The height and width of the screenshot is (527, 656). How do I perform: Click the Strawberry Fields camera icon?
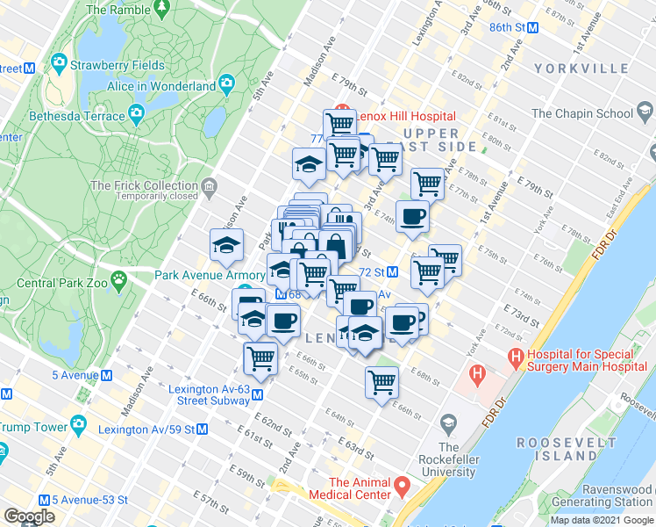pyautogui.click(x=59, y=62)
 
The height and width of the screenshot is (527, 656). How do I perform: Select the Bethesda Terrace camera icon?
pyautogui.click(x=136, y=112)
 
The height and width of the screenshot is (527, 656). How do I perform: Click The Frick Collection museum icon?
pyautogui.click(x=209, y=185)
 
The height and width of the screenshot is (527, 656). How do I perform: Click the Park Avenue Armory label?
pyautogui.click(x=199, y=274)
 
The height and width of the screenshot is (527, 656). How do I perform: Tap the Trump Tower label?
pyautogui.click(x=34, y=427)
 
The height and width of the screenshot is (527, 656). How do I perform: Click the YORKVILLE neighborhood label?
pyautogui.click(x=592, y=67)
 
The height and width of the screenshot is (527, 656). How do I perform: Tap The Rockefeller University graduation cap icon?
pyautogui.click(x=448, y=425)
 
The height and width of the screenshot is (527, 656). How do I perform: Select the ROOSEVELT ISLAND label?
pyautogui.click(x=558, y=449)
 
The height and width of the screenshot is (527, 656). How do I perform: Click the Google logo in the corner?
pyautogui.click(x=30, y=516)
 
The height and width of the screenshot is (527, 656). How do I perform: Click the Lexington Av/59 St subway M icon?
pyautogui.click(x=203, y=430)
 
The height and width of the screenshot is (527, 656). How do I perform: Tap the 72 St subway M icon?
pyautogui.click(x=394, y=272)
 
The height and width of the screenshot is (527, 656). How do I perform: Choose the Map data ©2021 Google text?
pyautogui.click(x=603, y=520)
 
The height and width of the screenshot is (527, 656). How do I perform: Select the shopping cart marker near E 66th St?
pyautogui.click(x=381, y=380)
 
